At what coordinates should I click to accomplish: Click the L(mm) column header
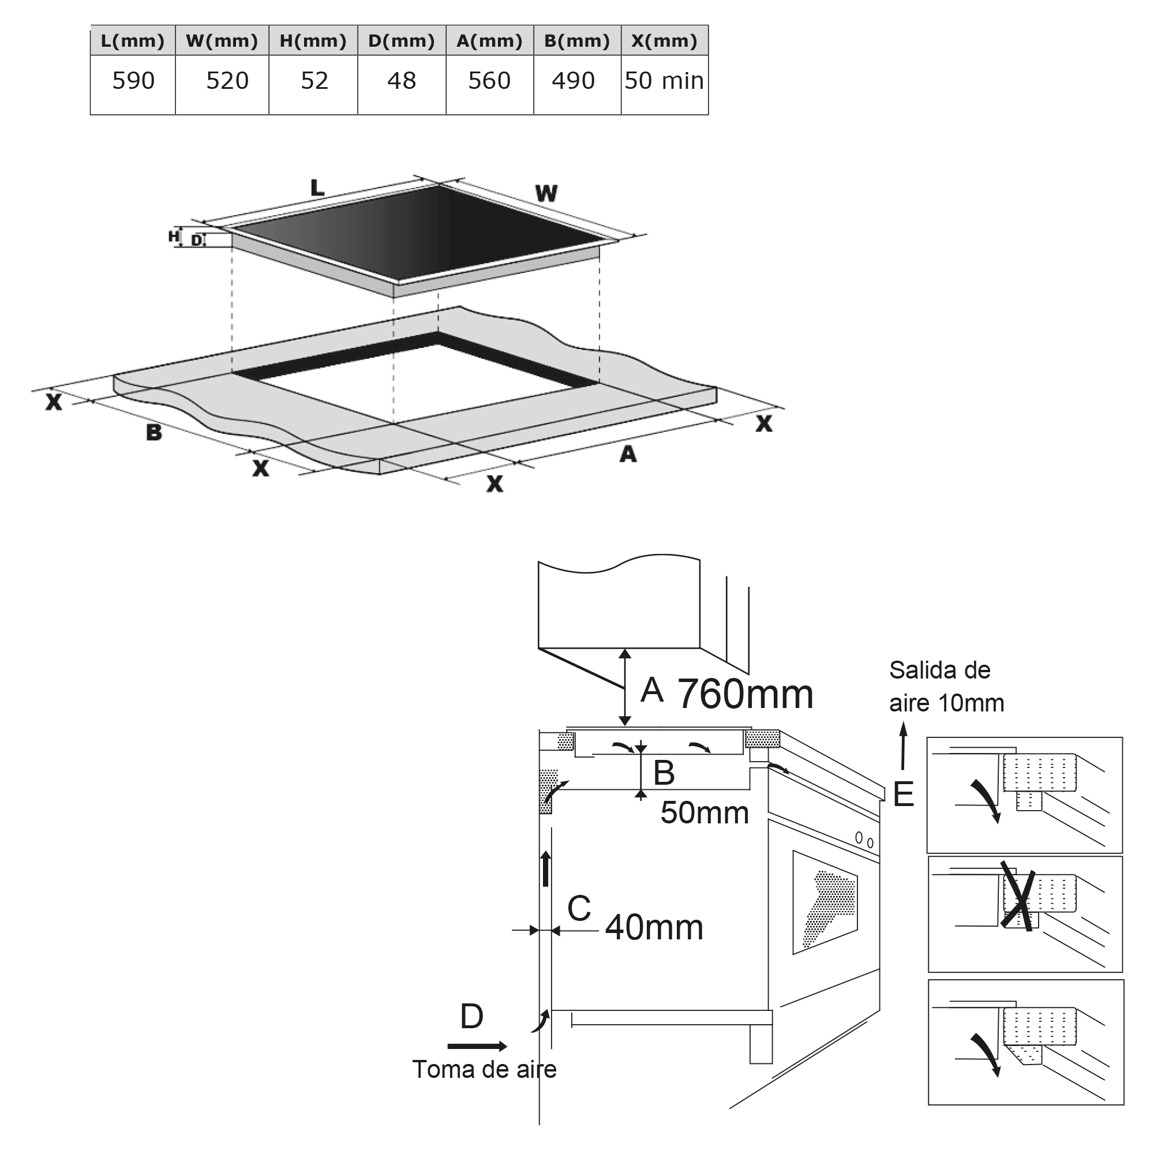click(x=133, y=40)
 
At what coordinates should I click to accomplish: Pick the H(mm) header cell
click(x=313, y=40)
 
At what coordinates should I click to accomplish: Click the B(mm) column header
click(x=577, y=40)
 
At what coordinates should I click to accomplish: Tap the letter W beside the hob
click(x=546, y=193)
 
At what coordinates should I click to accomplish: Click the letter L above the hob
click(x=317, y=188)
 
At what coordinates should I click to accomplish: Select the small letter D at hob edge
click(x=197, y=241)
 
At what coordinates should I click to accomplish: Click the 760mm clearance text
click(x=745, y=694)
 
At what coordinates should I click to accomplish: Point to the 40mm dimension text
click(x=654, y=928)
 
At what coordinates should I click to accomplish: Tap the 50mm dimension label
click(x=705, y=813)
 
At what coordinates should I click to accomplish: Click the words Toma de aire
click(x=485, y=1069)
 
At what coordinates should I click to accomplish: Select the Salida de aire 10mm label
click(x=946, y=686)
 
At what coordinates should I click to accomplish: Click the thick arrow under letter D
click(x=477, y=1046)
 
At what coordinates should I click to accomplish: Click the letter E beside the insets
click(x=904, y=795)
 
